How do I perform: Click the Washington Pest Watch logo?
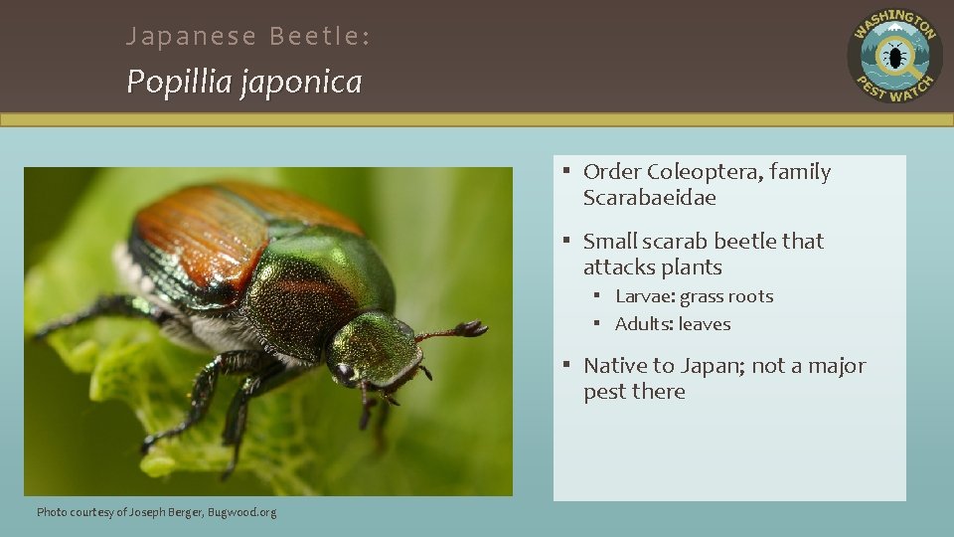point(894,56)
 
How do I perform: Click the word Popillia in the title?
point(177,82)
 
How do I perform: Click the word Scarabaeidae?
point(649,198)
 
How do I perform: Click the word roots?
point(749,296)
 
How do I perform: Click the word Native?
point(614,366)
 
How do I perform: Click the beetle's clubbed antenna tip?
point(473,328)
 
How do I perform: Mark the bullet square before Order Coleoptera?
point(563,172)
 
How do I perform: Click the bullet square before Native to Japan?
point(563,366)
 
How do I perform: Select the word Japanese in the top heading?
point(178,37)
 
